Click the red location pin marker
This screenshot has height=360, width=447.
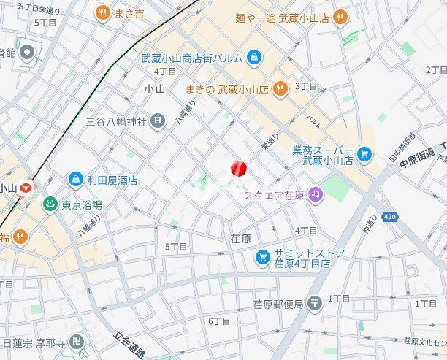(x=239, y=168)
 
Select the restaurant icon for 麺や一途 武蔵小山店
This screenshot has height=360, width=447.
(x=340, y=17)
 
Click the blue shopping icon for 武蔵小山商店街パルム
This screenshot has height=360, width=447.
(x=253, y=55)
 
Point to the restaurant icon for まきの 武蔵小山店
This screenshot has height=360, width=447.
(x=279, y=90)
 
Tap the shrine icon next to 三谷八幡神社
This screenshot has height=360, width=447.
(x=158, y=121)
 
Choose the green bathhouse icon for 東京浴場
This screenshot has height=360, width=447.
(x=50, y=204)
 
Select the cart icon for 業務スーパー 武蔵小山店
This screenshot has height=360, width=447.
(x=364, y=155)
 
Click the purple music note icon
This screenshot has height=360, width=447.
(x=315, y=194)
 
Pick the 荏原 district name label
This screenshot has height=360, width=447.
(x=240, y=239)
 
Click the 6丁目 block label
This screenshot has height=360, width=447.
(x=219, y=321)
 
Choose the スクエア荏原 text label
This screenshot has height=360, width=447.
(x=274, y=194)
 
